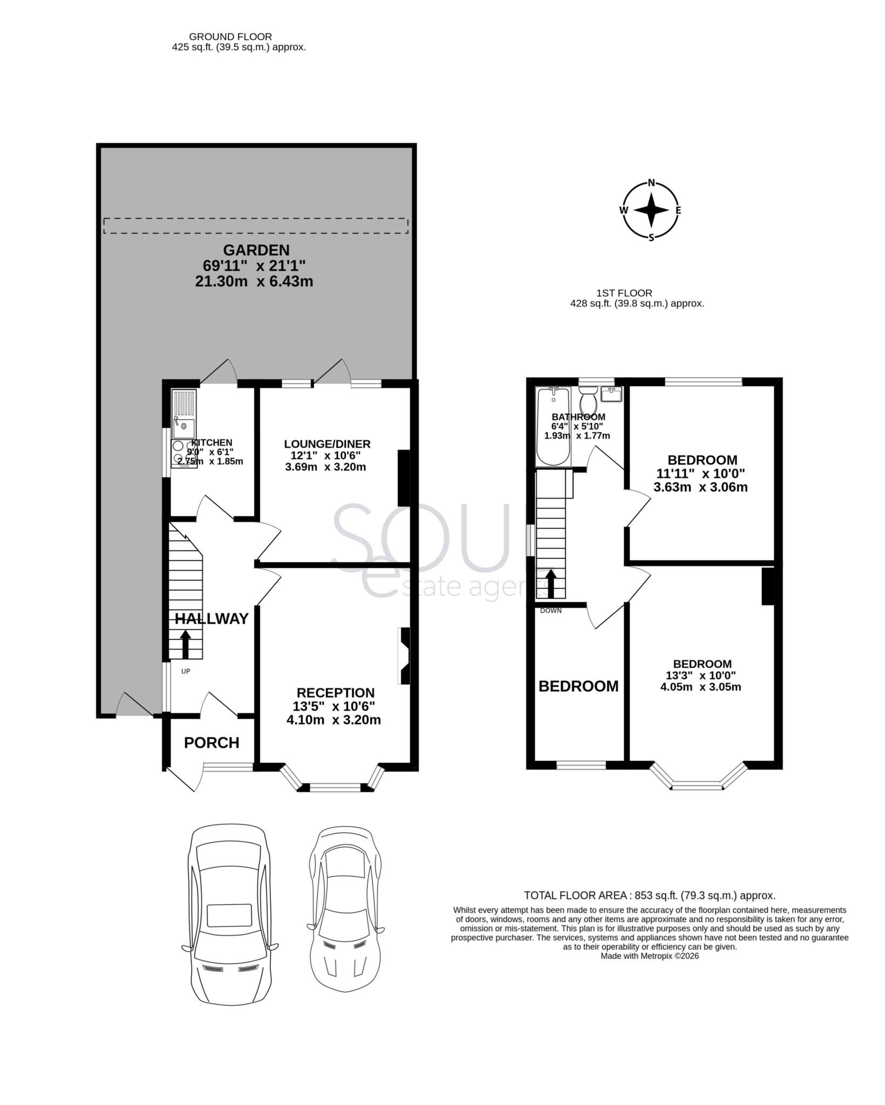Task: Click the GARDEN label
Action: pos(256,250)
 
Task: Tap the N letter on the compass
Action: pos(651,182)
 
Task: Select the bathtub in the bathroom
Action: pos(553,426)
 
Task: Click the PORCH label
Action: pos(212,743)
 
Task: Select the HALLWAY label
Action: pos(212,619)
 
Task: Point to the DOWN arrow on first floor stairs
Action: pos(551,584)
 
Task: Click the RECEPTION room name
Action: pos(336,693)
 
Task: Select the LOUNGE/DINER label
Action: pos(328,444)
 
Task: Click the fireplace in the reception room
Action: pos(404,656)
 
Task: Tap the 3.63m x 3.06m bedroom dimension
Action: pos(700,488)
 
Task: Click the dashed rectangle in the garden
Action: pos(256,226)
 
